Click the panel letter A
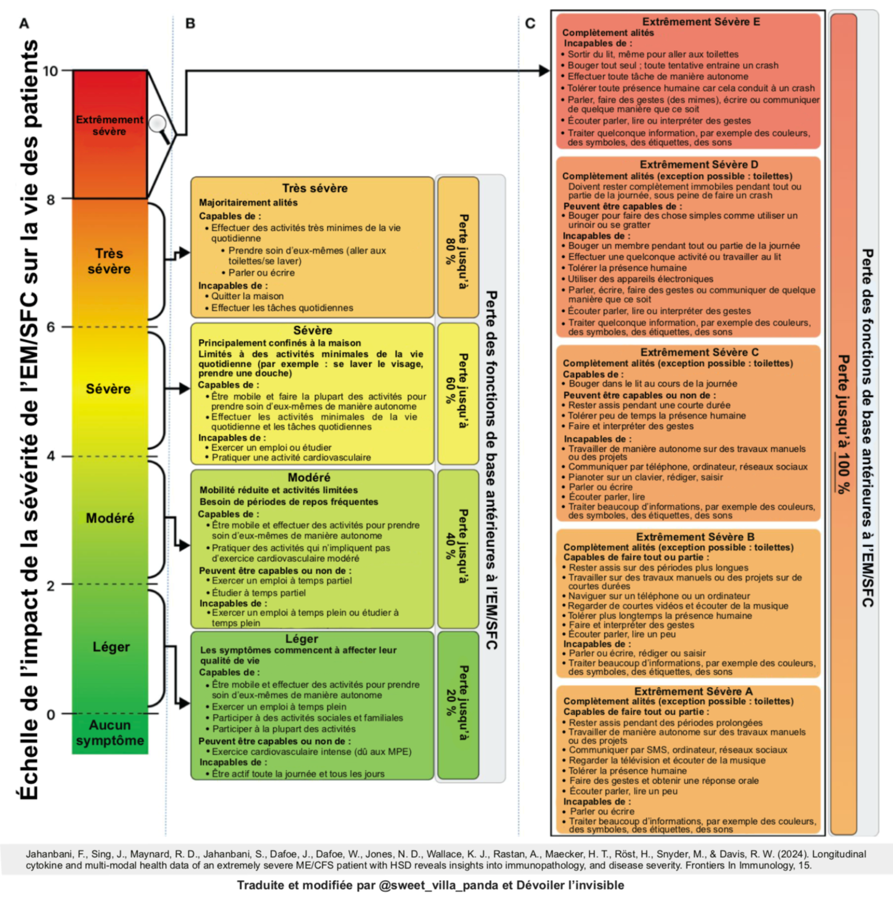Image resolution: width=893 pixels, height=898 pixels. tap(24, 23)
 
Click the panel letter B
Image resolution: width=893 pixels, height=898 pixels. tap(190, 23)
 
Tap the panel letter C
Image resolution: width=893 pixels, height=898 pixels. tap(530, 23)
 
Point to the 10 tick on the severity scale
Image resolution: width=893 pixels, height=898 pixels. tap(50, 71)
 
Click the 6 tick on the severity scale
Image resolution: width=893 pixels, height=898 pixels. tap(51, 327)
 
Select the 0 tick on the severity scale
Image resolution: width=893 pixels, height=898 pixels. tap(51, 714)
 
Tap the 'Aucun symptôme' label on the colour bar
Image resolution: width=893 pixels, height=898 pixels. tap(110, 733)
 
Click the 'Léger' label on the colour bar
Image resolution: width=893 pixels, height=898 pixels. tap(111, 647)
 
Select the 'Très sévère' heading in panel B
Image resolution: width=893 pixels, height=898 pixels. tap(315, 188)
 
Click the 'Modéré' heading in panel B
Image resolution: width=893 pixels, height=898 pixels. tap(309, 477)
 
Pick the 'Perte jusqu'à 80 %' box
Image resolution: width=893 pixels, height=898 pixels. tap(458, 247)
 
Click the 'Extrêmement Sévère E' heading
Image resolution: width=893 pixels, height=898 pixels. tap(701, 22)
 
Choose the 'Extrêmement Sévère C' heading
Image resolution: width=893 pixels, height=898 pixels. tap(699, 352)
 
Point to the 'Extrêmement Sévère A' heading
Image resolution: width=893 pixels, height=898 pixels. tap(693, 691)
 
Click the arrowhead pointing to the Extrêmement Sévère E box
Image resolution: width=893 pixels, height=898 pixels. tap(544, 71)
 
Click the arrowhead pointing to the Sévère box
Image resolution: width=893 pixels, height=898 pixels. tap(184, 388)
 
